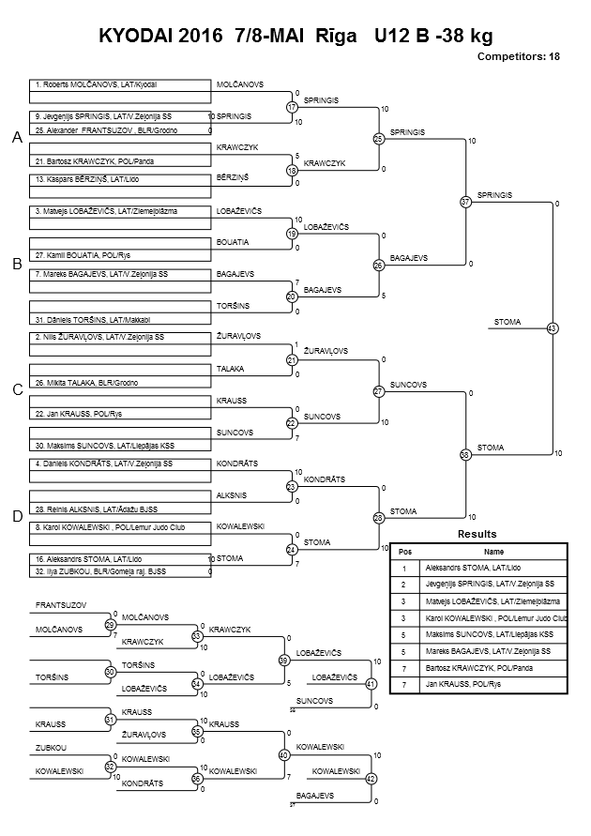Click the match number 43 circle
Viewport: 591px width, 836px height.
(x=553, y=328)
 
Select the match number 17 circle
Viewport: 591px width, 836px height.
(x=292, y=107)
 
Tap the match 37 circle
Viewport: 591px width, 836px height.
(x=466, y=202)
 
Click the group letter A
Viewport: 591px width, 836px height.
(x=18, y=138)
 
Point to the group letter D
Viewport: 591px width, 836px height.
(x=18, y=516)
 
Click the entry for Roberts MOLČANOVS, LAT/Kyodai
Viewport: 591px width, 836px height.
(x=96, y=84)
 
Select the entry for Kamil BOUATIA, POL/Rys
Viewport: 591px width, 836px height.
(x=83, y=255)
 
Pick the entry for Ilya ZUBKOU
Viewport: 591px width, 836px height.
(x=100, y=571)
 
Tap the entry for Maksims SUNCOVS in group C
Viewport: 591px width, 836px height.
(x=104, y=446)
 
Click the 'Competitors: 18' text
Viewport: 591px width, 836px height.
(x=519, y=56)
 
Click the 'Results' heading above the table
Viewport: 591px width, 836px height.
(x=477, y=534)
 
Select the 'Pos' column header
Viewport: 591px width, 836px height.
(x=405, y=552)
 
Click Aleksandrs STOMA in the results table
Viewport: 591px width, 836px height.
(x=473, y=569)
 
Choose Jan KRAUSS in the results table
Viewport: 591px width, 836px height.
(x=463, y=684)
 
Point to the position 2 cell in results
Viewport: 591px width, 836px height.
(x=404, y=585)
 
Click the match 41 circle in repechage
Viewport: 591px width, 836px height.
(x=371, y=684)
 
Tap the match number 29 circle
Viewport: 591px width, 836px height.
(x=111, y=625)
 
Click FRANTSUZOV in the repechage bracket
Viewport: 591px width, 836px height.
(x=61, y=606)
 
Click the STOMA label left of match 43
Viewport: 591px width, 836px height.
(x=508, y=322)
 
